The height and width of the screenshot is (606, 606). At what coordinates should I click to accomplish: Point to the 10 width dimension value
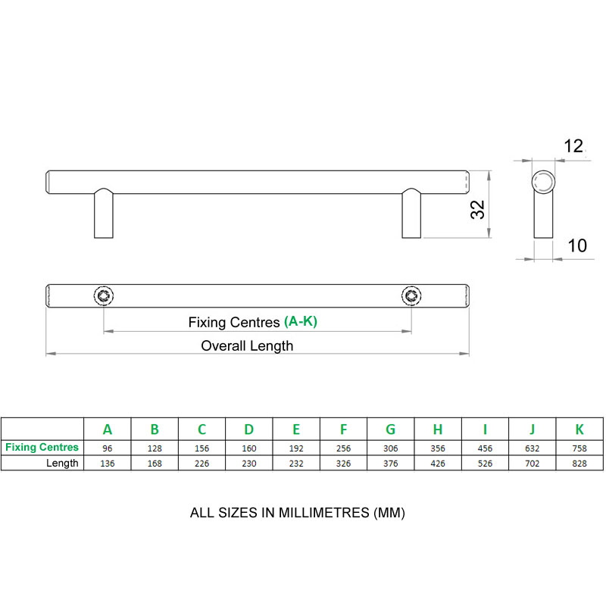(x=577, y=245)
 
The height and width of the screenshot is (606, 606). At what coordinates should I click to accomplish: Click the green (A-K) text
(x=301, y=322)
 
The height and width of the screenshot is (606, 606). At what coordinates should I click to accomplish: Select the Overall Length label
(x=247, y=346)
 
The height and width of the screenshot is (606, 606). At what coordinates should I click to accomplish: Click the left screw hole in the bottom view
(x=103, y=295)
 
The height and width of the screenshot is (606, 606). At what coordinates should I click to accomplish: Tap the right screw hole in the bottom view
(x=411, y=295)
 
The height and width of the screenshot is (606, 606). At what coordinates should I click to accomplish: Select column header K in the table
(x=580, y=430)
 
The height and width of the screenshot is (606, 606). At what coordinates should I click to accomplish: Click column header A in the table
(x=108, y=430)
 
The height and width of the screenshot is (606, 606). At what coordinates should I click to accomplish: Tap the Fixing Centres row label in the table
(x=42, y=448)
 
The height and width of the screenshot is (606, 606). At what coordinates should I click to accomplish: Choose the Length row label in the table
(x=62, y=463)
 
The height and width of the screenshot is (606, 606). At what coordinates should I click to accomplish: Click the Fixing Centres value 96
(x=108, y=448)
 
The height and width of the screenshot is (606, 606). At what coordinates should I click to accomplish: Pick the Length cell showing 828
(x=580, y=463)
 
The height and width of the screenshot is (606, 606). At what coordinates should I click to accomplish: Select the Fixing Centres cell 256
(x=343, y=448)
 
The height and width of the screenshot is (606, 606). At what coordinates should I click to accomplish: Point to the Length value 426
(x=438, y=463)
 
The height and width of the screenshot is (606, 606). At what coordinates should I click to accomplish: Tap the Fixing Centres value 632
(x=533, y=448)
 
